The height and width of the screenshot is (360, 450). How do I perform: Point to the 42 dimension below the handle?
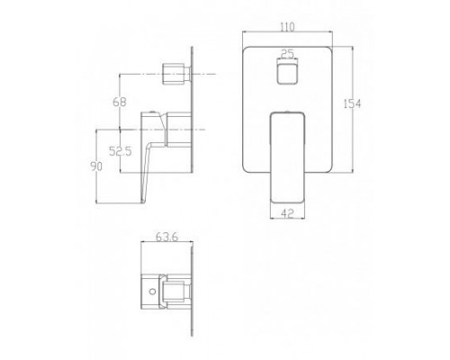pos(286,214)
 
